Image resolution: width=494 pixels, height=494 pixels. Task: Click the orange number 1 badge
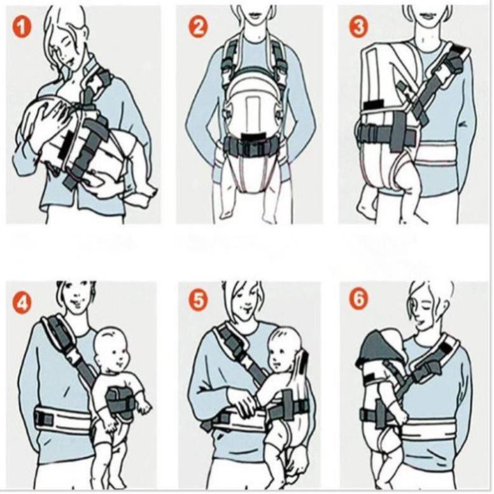click(x=22, y=28)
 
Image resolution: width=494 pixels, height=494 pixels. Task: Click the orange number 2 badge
click(x=198, y=27)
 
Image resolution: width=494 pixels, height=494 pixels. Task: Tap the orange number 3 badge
click(x=359, y=27)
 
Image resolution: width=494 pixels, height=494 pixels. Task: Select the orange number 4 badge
click(x=22, y=304)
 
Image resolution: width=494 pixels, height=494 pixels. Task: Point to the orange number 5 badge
click(x=199, y=300)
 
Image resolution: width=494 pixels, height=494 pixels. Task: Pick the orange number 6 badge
click(x=359, y=297)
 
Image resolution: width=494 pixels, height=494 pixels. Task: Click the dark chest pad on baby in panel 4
click(x=120, y=404)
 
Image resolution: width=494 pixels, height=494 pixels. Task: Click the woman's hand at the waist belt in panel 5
click(x=242, y=405)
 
